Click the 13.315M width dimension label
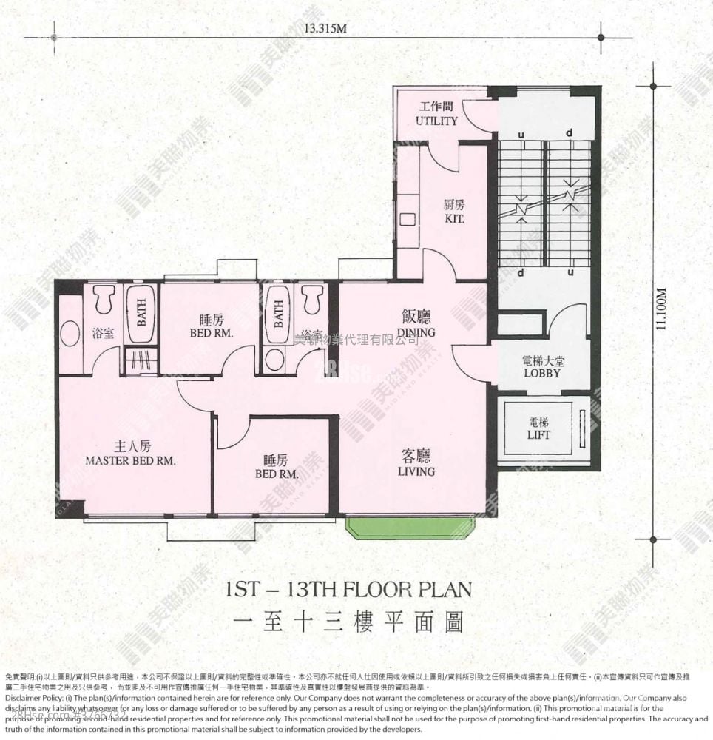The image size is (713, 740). [325, 30]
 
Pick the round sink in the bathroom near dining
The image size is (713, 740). [274, 360]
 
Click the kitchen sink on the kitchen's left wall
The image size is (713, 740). [407, 219]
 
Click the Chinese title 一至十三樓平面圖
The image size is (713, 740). [348, 623]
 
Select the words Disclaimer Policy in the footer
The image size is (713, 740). [34, 698]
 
